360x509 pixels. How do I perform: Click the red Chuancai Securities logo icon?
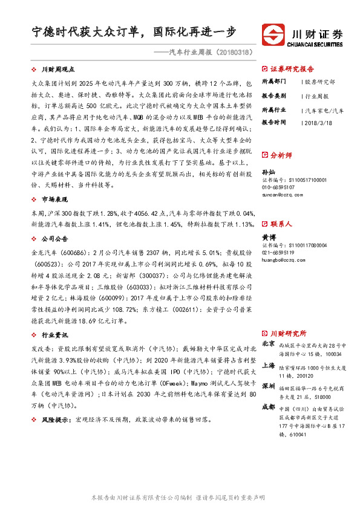click(273, 33)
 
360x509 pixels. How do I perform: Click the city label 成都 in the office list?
click(267, 407)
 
